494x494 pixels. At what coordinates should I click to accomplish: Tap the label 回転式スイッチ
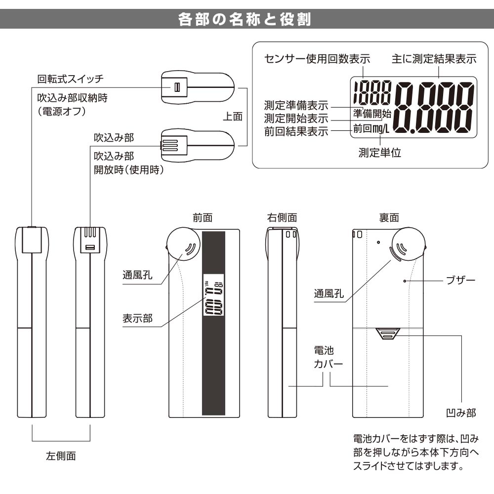[x=71, y=79]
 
